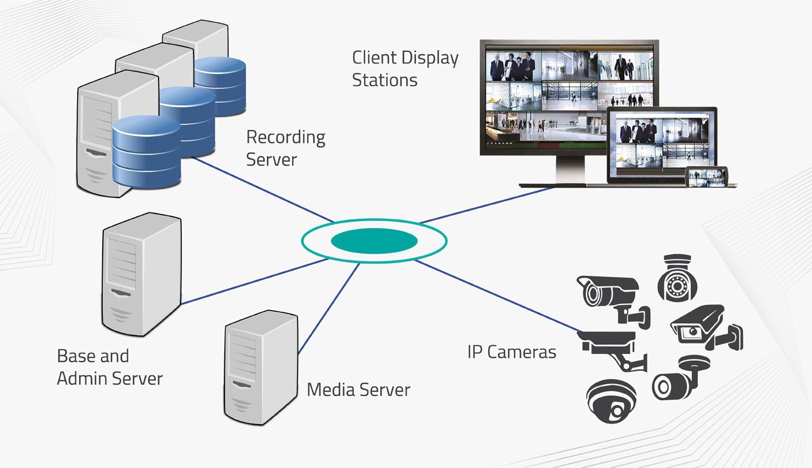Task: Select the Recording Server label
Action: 285,148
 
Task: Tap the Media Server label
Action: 358,390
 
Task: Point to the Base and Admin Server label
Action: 110,367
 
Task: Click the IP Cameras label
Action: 511,351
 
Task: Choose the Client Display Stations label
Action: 405,69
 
